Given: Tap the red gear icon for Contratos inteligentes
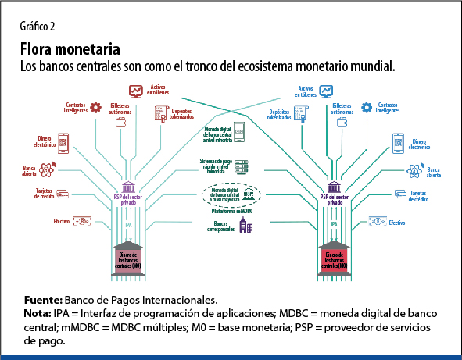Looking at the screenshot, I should coord(96,107).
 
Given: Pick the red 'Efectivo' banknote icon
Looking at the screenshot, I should coord(80,222).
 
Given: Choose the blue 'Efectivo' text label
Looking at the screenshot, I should coord(396,223).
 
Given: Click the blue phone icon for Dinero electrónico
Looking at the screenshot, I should coord(397,143).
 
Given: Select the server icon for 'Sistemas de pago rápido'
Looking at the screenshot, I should coord(242,166).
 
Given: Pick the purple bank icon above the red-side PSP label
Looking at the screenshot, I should coord(128,187).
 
